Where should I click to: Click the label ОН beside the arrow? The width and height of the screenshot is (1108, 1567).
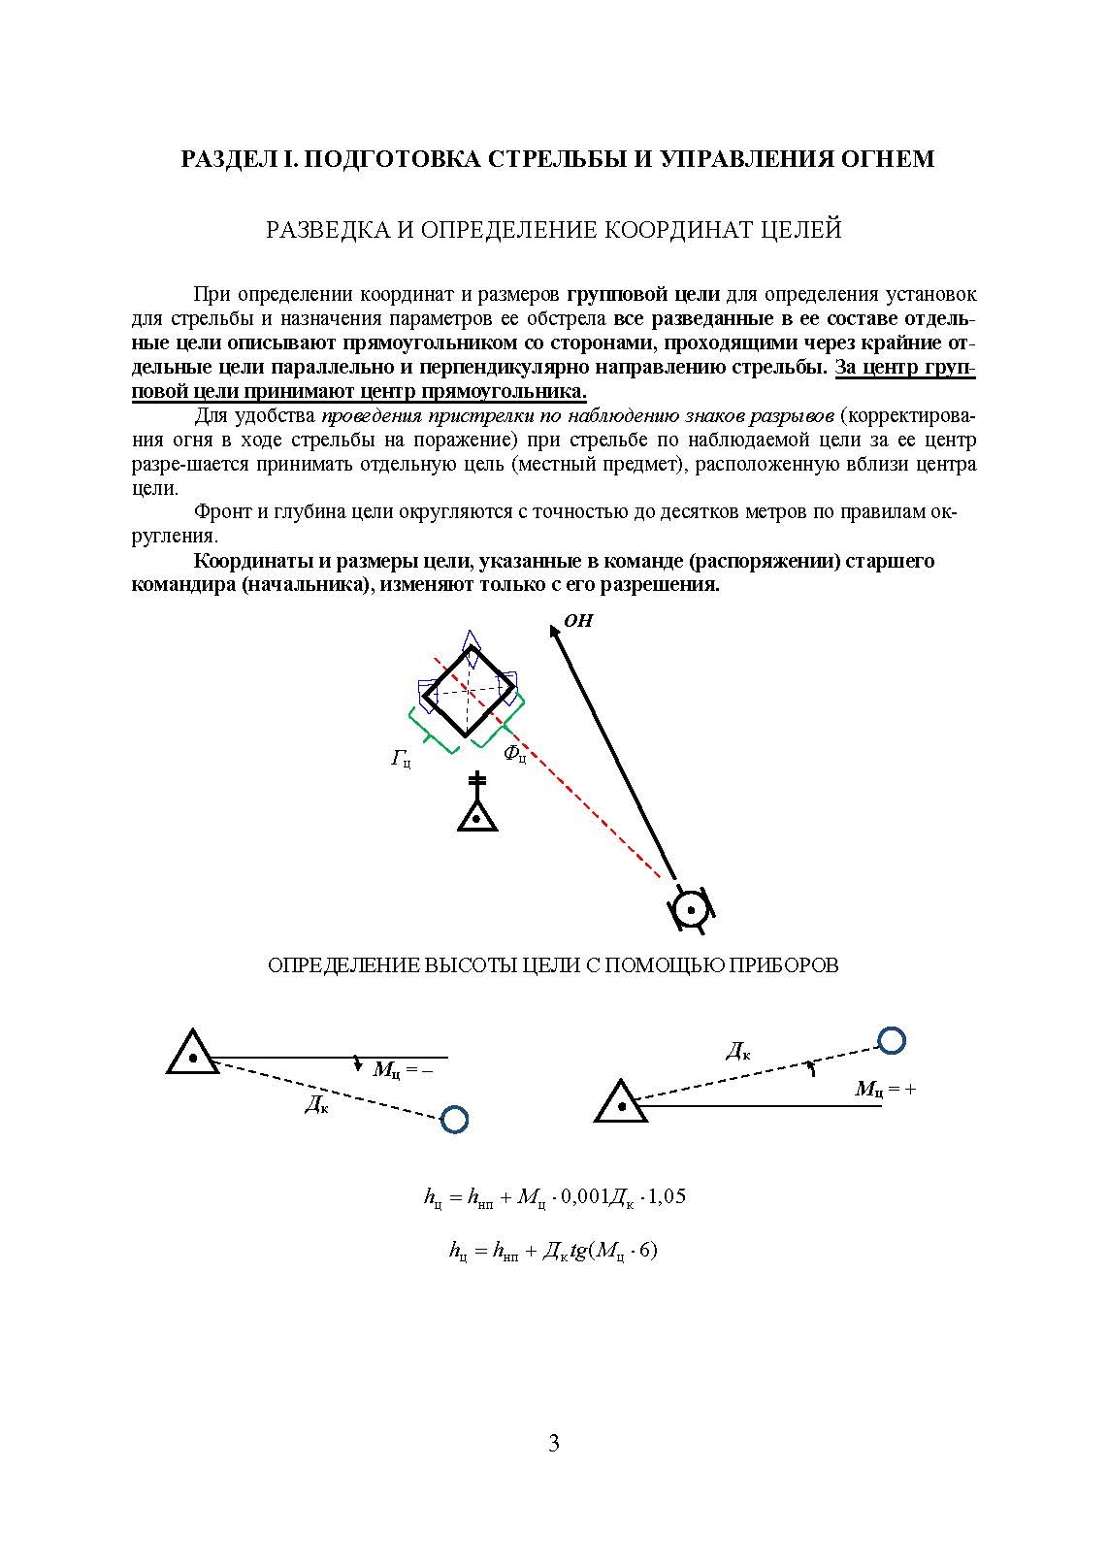click(578, 621)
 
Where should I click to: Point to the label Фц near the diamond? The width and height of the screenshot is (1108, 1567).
click(515, 753)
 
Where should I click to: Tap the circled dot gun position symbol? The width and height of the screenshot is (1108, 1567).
click(691, 909)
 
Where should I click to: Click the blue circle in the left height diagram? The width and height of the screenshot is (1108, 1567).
click(454, 1119)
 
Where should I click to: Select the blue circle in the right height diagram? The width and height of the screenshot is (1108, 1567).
click(891, 1041)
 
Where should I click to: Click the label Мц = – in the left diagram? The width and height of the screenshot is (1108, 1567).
click(402, 1069)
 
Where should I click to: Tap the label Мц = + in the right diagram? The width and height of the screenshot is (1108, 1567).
click(885, 1089)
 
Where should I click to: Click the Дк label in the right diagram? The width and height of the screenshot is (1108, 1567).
click(738, 1050)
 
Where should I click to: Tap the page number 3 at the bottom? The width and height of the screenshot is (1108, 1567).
click(554, 1444)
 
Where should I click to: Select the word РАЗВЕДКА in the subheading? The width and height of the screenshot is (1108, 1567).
click(325, 230)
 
